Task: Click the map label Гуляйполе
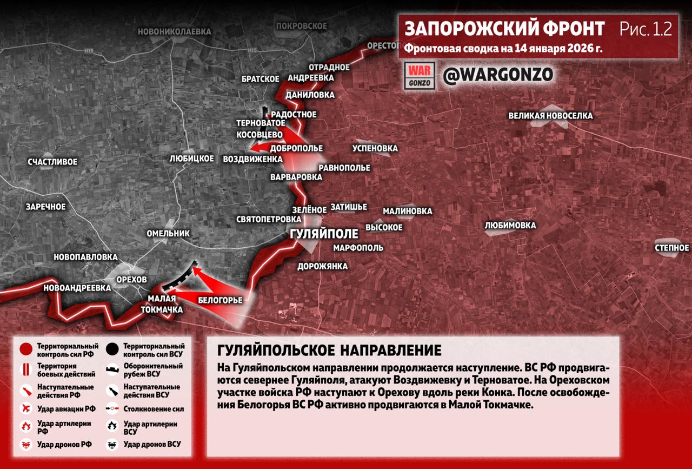(x=324, y=234)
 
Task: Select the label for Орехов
(x=131, y=279)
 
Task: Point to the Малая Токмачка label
(x=162, y=304)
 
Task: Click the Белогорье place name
(x=220, y=300)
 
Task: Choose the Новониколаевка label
(x=174, y=32)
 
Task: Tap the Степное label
(x=671, y=248)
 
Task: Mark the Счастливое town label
(x=52, y=162)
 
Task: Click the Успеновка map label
(x=375, y=148)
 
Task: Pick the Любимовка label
(x=510, y=225)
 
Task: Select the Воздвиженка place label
(x=252, y=159)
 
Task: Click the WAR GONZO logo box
(x=420, y=76)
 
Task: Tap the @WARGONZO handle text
(x=498, y=75)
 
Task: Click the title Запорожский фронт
(x=504, y=29)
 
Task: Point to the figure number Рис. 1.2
(x=646, y=29)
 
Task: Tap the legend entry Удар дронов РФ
(x=64, y=444)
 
